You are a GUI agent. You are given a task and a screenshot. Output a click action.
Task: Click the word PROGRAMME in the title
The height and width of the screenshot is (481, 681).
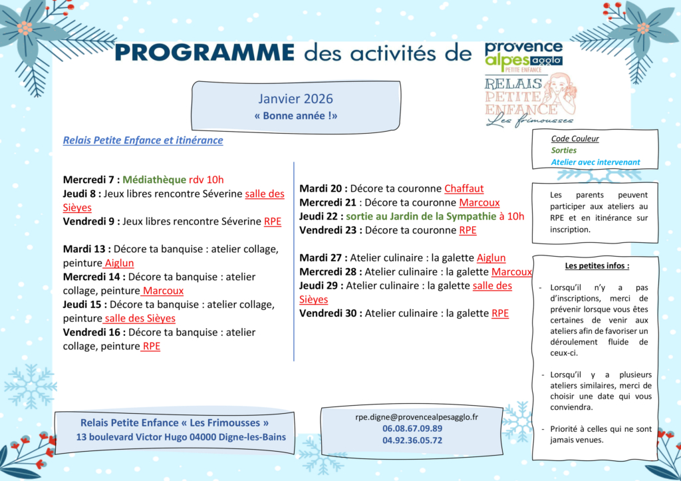click(204, 53)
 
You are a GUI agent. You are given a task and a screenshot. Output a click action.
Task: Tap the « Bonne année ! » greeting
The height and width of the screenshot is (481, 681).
click(295, 115)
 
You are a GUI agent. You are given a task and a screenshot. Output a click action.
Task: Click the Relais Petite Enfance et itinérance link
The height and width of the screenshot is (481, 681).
click(143, 140)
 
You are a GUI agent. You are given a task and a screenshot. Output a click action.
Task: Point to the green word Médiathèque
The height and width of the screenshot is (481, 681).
click(154, 179)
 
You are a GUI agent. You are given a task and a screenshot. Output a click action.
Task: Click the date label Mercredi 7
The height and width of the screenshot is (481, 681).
click(90, 179)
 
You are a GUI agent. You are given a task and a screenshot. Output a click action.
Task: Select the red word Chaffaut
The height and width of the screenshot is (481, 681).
click(464, 188)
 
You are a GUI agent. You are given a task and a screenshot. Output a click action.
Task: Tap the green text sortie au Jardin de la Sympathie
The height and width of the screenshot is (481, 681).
click(420, 216)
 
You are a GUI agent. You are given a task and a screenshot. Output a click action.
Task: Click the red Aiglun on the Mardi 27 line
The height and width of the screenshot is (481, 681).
click(491, 257)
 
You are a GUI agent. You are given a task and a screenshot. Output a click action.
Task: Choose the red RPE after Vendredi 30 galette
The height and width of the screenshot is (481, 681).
click(499, 313)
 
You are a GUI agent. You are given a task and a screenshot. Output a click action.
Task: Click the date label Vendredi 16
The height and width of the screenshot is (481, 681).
click(94, 332)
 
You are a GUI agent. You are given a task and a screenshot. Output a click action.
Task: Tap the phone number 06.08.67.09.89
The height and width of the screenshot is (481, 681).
click(412, 428)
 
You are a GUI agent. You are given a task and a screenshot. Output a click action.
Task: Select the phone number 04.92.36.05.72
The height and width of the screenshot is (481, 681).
click(412, 440)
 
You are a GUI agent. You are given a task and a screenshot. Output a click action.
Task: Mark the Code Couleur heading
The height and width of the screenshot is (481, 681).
click(575, 139)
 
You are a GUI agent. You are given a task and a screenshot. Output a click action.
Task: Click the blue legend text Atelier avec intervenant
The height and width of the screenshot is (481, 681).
click(595, 162)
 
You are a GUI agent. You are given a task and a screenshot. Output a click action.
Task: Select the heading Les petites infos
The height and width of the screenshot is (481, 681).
click(597, 266)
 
